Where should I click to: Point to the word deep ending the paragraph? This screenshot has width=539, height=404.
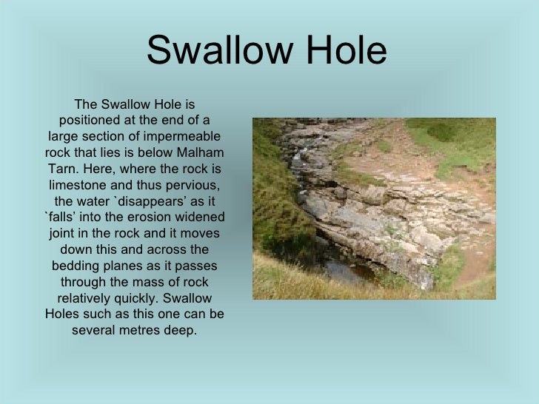click(x=182, y=331)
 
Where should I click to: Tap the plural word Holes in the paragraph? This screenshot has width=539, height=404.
click(x=64, y=314)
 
